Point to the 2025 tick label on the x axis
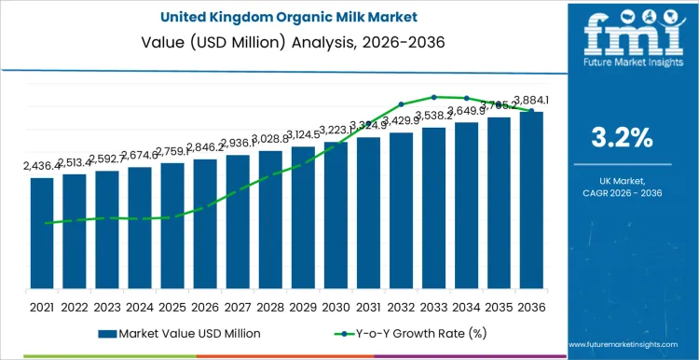(x=172, y=306)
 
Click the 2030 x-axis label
(x=336, y=306)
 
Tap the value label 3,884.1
(x=532, y=100)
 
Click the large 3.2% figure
(x=623, y=137)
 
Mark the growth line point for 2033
(x=433, y=96)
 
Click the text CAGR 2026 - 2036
(x=623, y=192)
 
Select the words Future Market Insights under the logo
(x=622, y=67)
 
